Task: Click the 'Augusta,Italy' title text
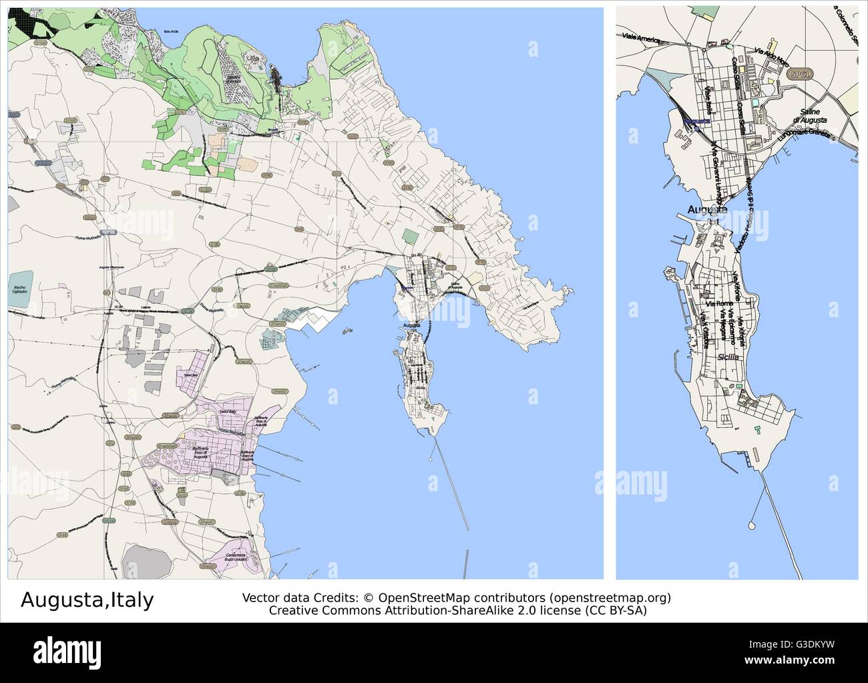coord(87,599)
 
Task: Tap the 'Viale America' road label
coord(640,37)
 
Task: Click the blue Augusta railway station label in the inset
coord(696,121)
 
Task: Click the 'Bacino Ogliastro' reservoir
coord(20,290)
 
